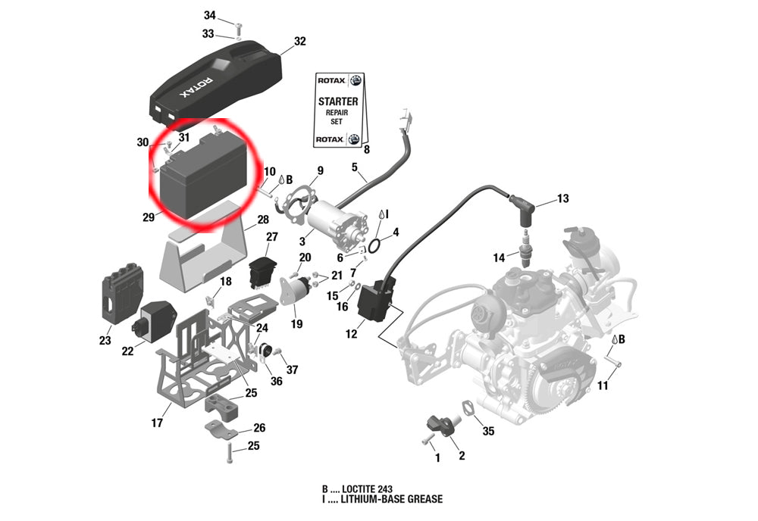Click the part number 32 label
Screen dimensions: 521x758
pyautogui.click(x=299, y=41)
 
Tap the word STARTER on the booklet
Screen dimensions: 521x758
pyautogui.click(x=338, y=101)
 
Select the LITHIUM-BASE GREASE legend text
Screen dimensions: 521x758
pyautogui.click(x=391, y=499)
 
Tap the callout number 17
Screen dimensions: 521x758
pyautogui.click(x=157, y=423)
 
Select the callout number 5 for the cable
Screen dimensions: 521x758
pyautogui.click(x=353, y=167)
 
